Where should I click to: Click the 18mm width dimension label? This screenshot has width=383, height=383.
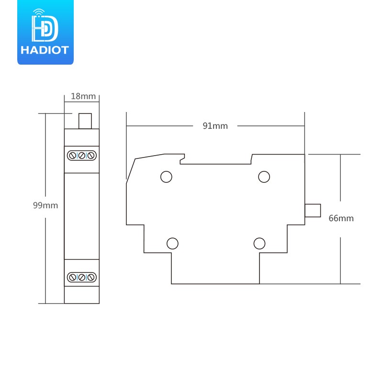(83, 96)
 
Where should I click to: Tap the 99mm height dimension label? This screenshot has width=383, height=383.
(45, 205)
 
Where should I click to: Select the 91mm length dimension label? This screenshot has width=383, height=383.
(215, 126)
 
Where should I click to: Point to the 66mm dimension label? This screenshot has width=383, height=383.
(341, 218)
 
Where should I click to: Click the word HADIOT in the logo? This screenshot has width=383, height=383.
(45, 50)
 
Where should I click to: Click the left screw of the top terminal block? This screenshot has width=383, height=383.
(73, 155)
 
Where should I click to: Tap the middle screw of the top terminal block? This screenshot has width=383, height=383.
(82, 155)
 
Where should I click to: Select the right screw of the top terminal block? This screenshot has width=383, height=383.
(91, 155)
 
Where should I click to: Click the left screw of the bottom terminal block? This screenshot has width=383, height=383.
(73, 277)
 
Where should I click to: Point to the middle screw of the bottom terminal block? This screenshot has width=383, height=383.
(82, 277)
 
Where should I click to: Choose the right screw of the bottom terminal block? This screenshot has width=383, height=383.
(91, 277)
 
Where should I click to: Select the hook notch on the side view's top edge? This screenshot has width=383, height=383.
(182, 159)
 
